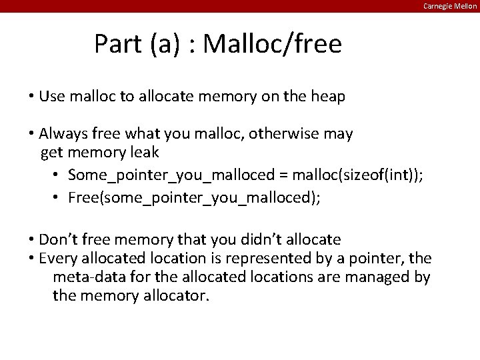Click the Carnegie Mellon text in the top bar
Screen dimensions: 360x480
pyautogui.click(x=451, y=6)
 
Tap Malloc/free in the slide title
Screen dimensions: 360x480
pyautogui.click(x=272, y=45)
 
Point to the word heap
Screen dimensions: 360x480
pyautogui.click(x=328, y=97)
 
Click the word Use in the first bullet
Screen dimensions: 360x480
pyautogui.click(x=51, y=97)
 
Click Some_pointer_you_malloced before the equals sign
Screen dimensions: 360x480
pyautogui.click(x=171, y=175)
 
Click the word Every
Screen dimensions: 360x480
pyautogui.click(x=59, y=258)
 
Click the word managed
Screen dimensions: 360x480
pyautogui.click(x=377, y=277)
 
